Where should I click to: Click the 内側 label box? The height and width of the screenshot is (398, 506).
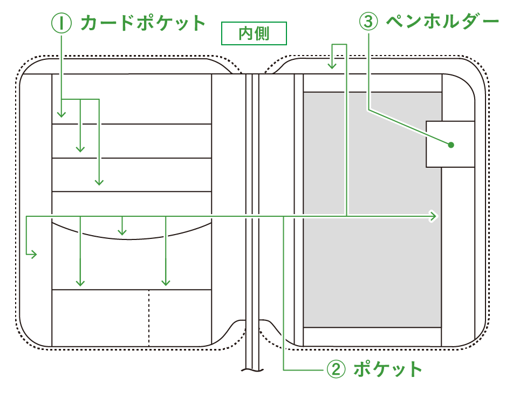[x=254, y=34]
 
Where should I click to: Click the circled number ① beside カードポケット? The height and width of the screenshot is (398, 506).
[x=61, y=23]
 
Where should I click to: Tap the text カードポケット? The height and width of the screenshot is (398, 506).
[x=143, y=23]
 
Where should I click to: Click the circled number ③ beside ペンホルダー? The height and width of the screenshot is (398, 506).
[x=368, y=22]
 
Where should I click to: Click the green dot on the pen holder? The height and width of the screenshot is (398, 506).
[x=451, y=145]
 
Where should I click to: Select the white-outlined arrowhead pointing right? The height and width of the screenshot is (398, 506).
[x=433, y=216]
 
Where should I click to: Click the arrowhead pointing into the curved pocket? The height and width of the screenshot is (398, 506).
[x=122, y=232]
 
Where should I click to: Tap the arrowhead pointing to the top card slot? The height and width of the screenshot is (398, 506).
[x=61, y=114]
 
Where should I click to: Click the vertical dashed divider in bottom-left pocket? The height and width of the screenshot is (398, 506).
[x=149, y=318]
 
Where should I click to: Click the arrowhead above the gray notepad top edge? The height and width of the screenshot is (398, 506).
[x=333, y=66]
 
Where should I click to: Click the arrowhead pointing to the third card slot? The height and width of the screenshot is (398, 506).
[x=99, y=182]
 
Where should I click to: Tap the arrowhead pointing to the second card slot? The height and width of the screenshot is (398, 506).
[x=80, y=149]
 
